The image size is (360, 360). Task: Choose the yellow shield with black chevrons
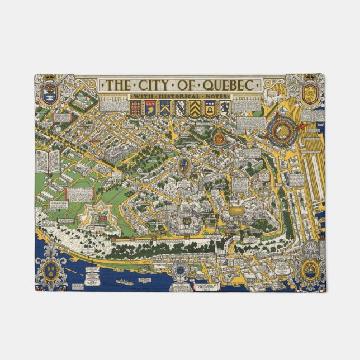pyautogui.click(x=193, y=108)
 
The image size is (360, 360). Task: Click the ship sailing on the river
pyautogui.click(x=124, y=282)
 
